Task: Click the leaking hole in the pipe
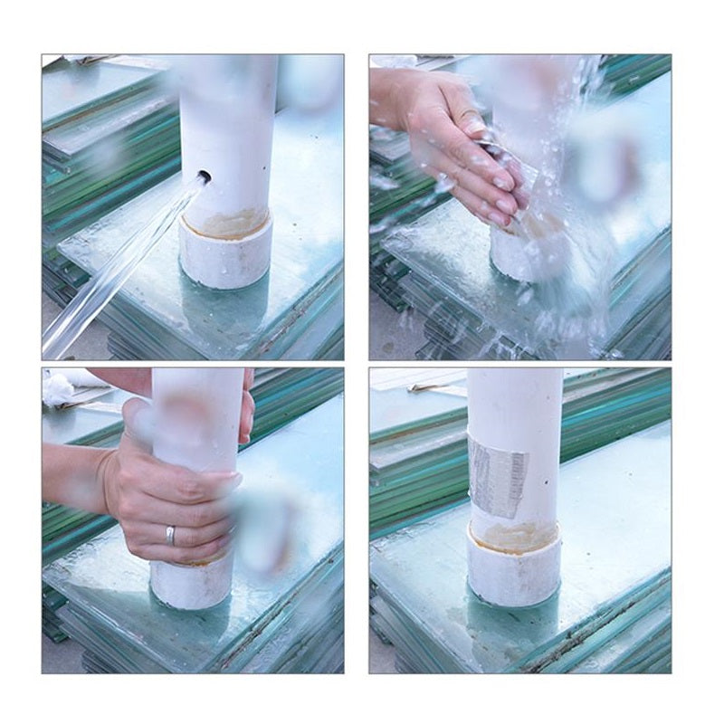click(204, 176)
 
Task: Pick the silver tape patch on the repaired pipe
click(498, 475)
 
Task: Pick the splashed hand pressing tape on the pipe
click(452, 145)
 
